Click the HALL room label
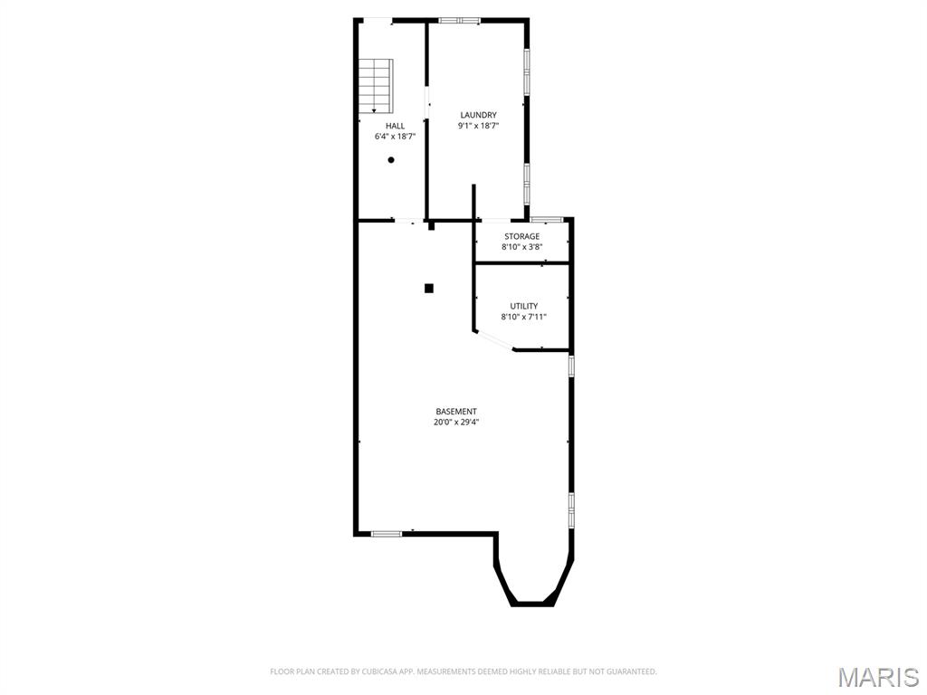point(395,126)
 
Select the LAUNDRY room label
point(478,115)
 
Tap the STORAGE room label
point(521,236)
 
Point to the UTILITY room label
point(523,306)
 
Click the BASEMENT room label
point(456,412)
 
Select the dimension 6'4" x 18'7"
point(395,137)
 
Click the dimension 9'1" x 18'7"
point(478,126)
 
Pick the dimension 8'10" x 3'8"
point(521,247)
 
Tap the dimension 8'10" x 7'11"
point(523,317)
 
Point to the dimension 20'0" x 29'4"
point(456,422)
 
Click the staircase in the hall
point(375,85)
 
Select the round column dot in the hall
point(391,160)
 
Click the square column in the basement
point(429,288)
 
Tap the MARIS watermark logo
point(877,677)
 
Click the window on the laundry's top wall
point(467,20)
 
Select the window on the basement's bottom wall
point(387,534)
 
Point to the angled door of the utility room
point(493,341)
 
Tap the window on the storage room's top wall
point(547,219)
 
